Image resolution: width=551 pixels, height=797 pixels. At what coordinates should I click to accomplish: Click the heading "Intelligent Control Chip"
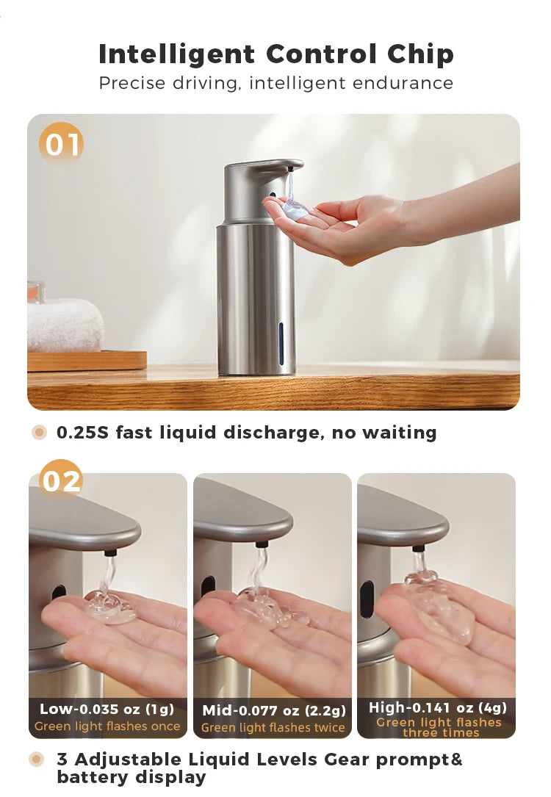[x=275, y=54]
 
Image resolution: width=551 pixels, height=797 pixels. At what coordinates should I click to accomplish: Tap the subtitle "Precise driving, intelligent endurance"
[x=275, y=83]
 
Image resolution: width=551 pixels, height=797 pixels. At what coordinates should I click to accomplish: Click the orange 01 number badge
[x=62, y=144]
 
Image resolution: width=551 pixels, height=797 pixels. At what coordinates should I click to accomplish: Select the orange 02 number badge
[x=61, y=481]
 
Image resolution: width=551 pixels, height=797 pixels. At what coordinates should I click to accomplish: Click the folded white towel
[x=65, y=325]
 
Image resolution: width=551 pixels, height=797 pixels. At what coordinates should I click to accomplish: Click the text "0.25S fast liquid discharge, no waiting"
[x=246, y=433]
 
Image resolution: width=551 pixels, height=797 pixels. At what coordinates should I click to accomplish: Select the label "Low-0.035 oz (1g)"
[x=107, y=709]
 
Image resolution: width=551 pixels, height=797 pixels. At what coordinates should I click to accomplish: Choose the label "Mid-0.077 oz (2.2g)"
[x=273, y=710]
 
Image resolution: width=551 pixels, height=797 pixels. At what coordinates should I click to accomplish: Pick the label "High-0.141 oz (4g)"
[x=438, y=707]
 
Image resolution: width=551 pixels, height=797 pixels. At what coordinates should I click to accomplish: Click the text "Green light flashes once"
[x=107, y=726]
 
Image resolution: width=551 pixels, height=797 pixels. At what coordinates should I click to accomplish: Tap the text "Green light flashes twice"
[x=273, y=728]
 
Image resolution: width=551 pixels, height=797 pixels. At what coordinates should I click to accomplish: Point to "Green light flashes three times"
[x=438, y=727]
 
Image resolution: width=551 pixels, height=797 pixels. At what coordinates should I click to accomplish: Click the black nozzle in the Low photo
[x=109, y=552]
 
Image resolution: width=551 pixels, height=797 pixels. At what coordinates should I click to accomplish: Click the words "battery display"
[x=132, y=777]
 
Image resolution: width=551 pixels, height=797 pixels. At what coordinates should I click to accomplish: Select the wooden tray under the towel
[x=87, y=361]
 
